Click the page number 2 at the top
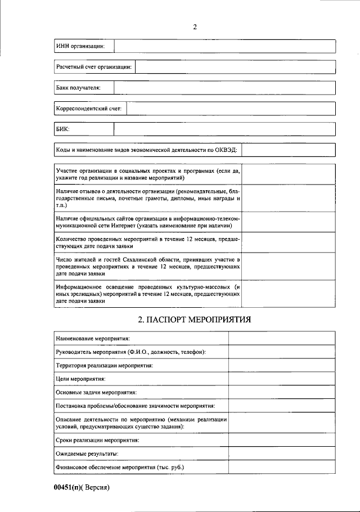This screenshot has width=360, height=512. (x=195, y=26)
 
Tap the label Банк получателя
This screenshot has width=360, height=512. (x=78, y=88)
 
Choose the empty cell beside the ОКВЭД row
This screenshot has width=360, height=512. (x=289, y=150)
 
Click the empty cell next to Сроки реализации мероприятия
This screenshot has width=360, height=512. (x=282, y=440)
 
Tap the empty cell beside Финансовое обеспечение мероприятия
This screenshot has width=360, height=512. (x=282, y=468)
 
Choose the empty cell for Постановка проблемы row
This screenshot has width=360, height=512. (x=282, y=406)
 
